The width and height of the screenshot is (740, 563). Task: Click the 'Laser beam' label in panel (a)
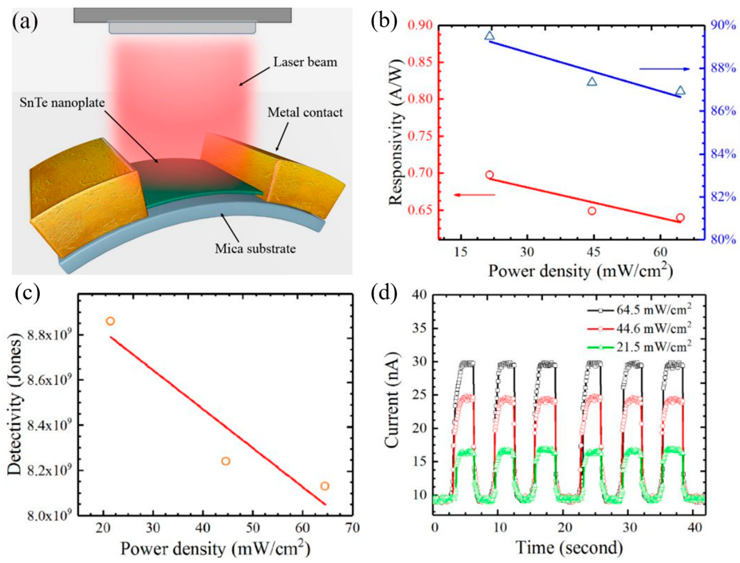tap(305, 62)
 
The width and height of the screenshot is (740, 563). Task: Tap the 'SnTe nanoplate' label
tap(62, 103)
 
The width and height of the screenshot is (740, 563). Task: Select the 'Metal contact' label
tap(305, 113)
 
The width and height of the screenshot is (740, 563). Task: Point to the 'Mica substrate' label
tap(255, 249)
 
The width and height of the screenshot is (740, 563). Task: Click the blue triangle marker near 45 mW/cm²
tap(592, 81)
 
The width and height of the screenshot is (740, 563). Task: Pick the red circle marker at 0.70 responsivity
tap(490, 175)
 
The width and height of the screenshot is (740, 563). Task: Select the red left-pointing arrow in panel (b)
tap(474, 195)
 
